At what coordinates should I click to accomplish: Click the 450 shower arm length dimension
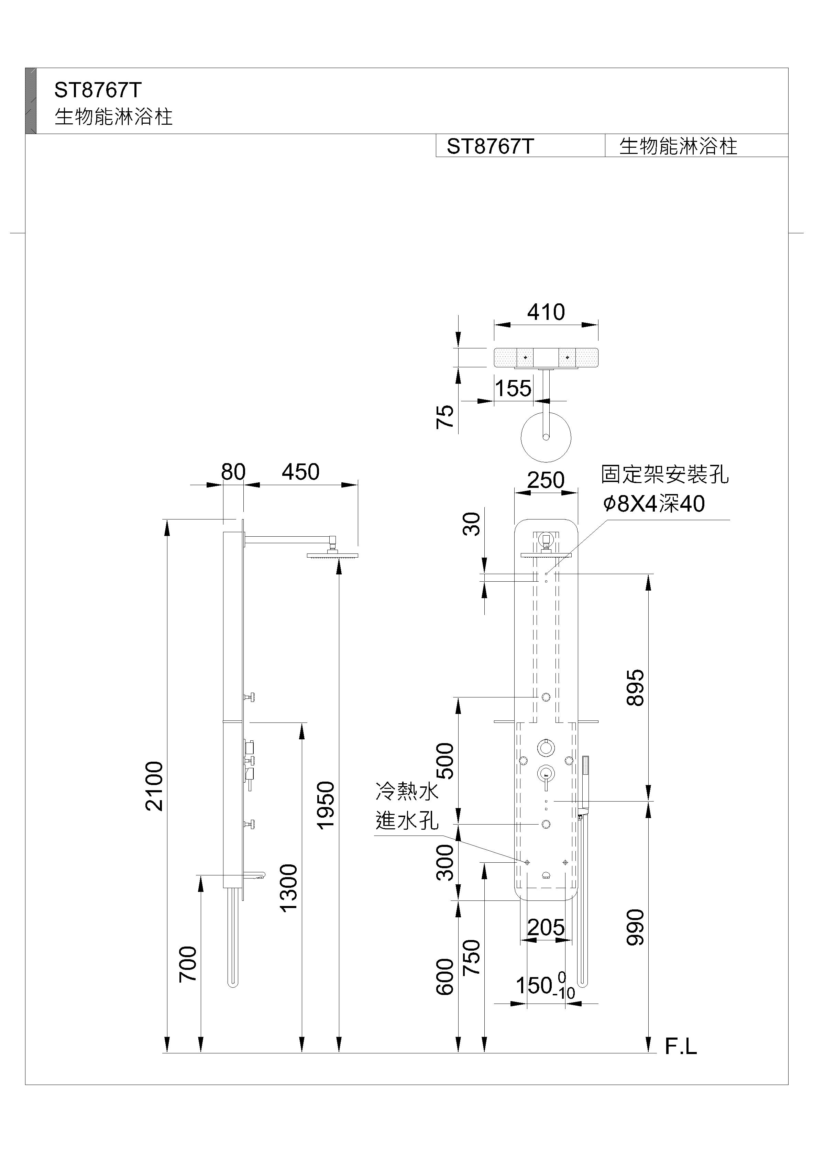[x=300, y=472]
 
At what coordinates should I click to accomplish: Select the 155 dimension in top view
[x=513, y=388]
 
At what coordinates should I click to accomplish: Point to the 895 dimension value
[x=635, y=687]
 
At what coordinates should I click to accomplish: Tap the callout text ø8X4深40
[x=654, y=504]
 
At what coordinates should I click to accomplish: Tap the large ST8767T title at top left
[x=98, y=90]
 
